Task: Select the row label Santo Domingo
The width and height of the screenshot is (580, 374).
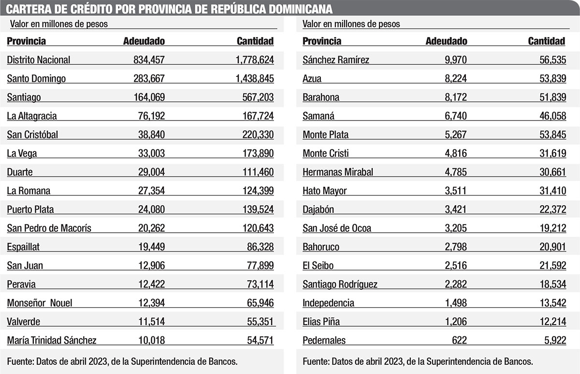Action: click(x=36, y=78)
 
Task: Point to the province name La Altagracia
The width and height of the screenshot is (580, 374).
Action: click(x=32, y=116)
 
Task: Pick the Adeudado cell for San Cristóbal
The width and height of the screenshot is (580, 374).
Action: click(x=149, y=135)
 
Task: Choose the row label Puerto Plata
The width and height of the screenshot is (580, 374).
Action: click(x=30, y=209)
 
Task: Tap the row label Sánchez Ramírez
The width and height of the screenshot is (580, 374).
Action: click(x=336, y=60)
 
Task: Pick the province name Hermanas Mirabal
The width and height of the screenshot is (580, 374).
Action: click(x=338, y=172)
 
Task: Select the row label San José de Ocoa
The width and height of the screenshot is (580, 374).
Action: click(x=337, y=228)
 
